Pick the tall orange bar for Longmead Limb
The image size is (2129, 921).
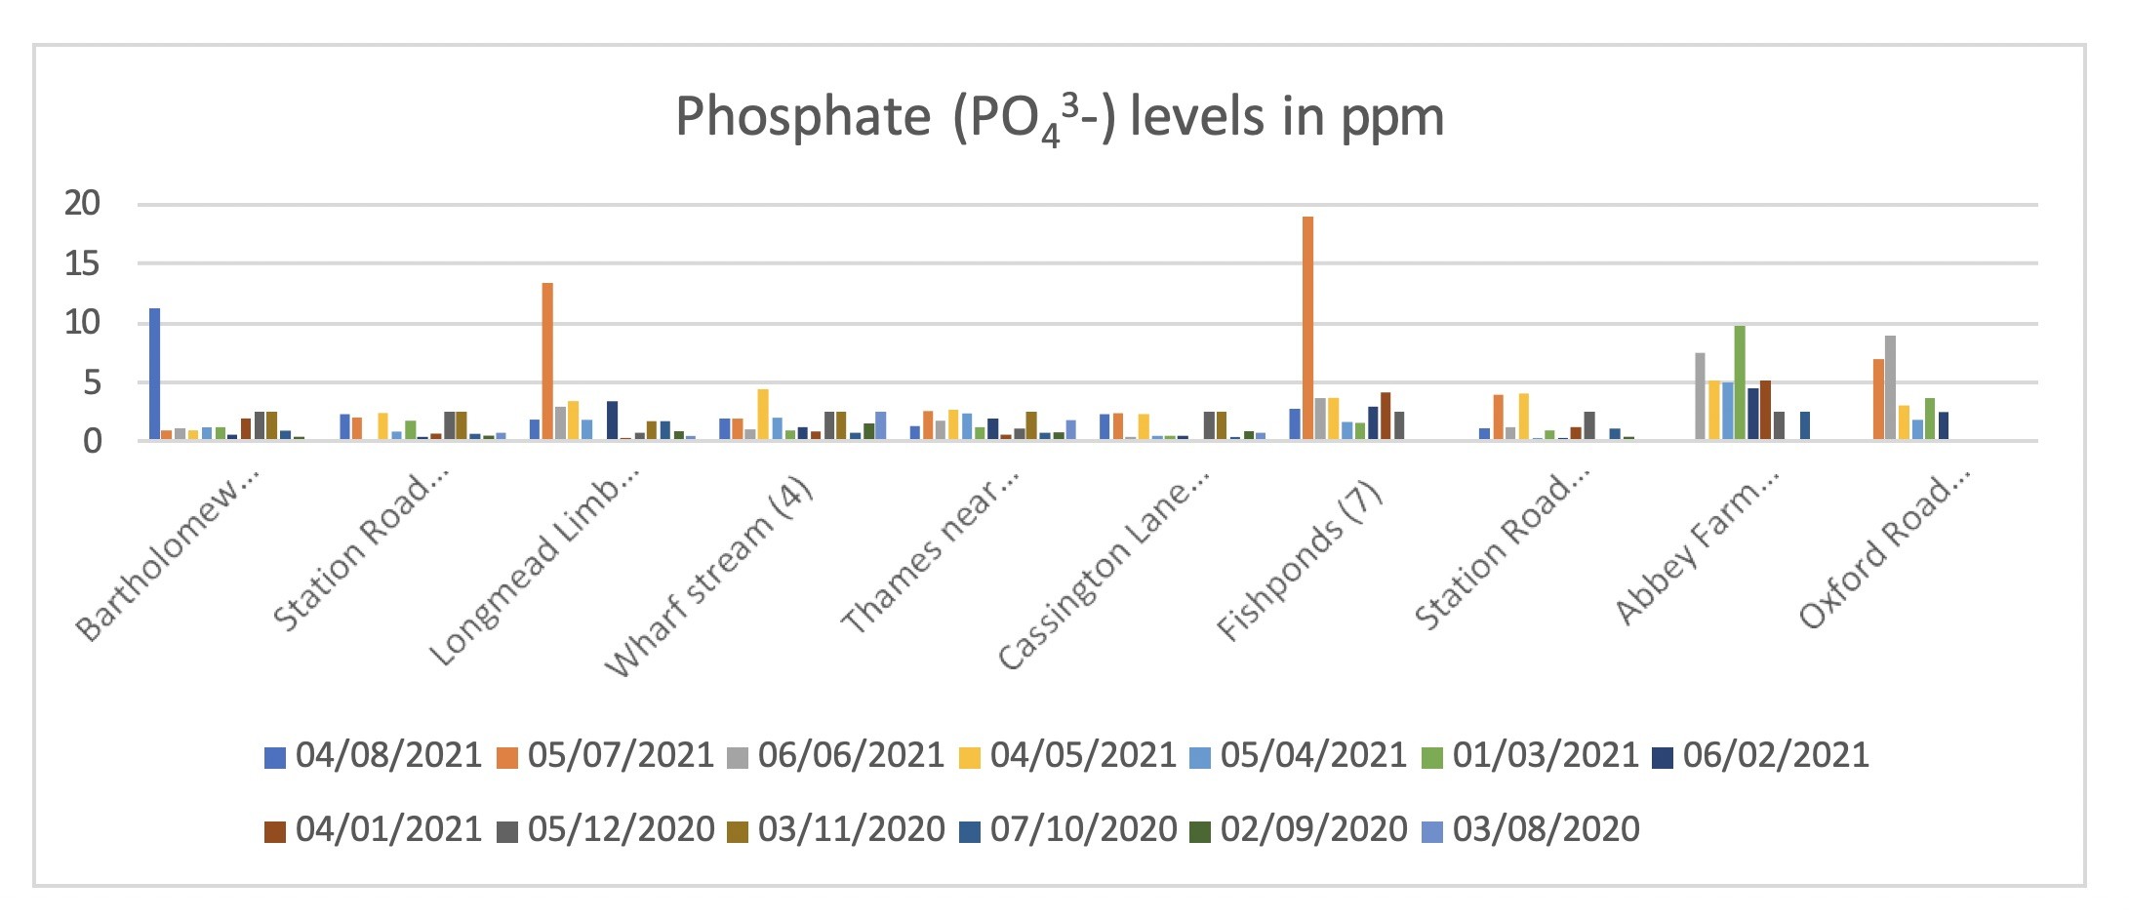pos(547,361)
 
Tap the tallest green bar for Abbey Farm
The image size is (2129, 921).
pos(1739,382)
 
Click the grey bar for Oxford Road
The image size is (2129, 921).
pos(1890,388)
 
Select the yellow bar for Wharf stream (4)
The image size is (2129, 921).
pos(763,415)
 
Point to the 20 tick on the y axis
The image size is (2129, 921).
pos(83,204)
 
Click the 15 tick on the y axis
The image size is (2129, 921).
pos(83,263)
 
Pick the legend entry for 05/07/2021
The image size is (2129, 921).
pos(606,755)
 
